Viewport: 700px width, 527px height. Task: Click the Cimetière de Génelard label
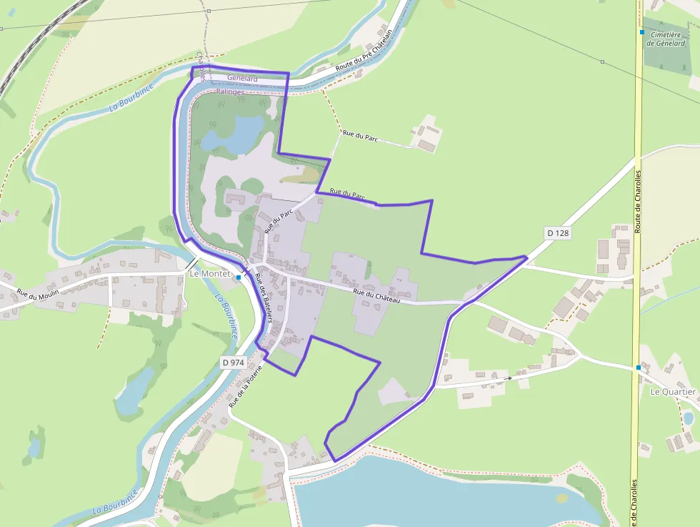click(666, 38)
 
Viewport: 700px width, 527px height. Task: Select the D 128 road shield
click(559, 232)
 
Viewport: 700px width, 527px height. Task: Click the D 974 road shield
click(234, 363)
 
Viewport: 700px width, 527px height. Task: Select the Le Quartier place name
click(673, 392)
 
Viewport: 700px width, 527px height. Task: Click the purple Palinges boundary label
click(230, 92)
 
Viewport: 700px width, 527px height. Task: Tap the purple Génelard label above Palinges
click(242, 78)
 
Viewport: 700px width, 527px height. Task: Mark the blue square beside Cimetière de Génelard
click(642, 32)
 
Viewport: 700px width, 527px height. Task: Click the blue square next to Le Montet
click(239, 277)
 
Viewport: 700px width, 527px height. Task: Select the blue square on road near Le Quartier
click(639, 368)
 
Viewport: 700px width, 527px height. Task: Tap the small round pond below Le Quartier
click(689, 418)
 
